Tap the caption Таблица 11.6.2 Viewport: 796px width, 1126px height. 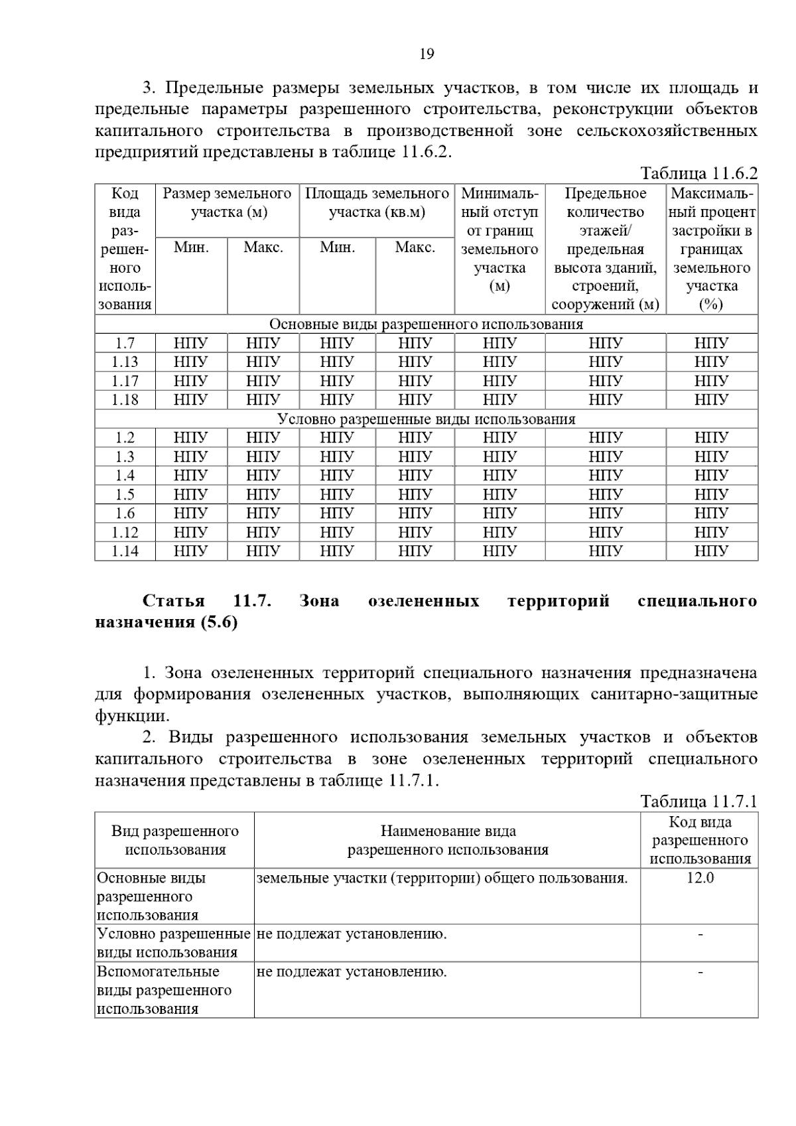tap(698, 174)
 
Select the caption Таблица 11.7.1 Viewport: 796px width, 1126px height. tap(698, 802)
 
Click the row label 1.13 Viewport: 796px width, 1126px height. tap(125, 362)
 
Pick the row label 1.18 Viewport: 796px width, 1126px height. tap(125, 400)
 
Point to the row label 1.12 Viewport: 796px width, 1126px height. tap(125, 533)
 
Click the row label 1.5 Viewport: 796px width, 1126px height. tap(125, 495)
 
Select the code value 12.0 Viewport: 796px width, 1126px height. tap(700, 879)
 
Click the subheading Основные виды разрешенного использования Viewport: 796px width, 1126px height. tap(426, 324)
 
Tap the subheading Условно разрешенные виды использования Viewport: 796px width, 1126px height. tap(426, 419)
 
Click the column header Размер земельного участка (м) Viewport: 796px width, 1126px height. tap(228, 203)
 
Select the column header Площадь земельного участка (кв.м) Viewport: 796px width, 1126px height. tap(377, 203)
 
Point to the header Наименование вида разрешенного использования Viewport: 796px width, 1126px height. tap(448, 841)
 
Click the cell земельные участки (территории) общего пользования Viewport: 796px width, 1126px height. tap(442, 879)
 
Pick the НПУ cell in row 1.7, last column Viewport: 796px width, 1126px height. tap(711, 344)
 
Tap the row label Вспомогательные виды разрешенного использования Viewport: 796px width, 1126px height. tap(164, 991)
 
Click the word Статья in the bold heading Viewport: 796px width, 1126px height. tap(173, 601)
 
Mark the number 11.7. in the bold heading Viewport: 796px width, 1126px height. tap(253, 601)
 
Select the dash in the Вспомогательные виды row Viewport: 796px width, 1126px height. tap(700, 973)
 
